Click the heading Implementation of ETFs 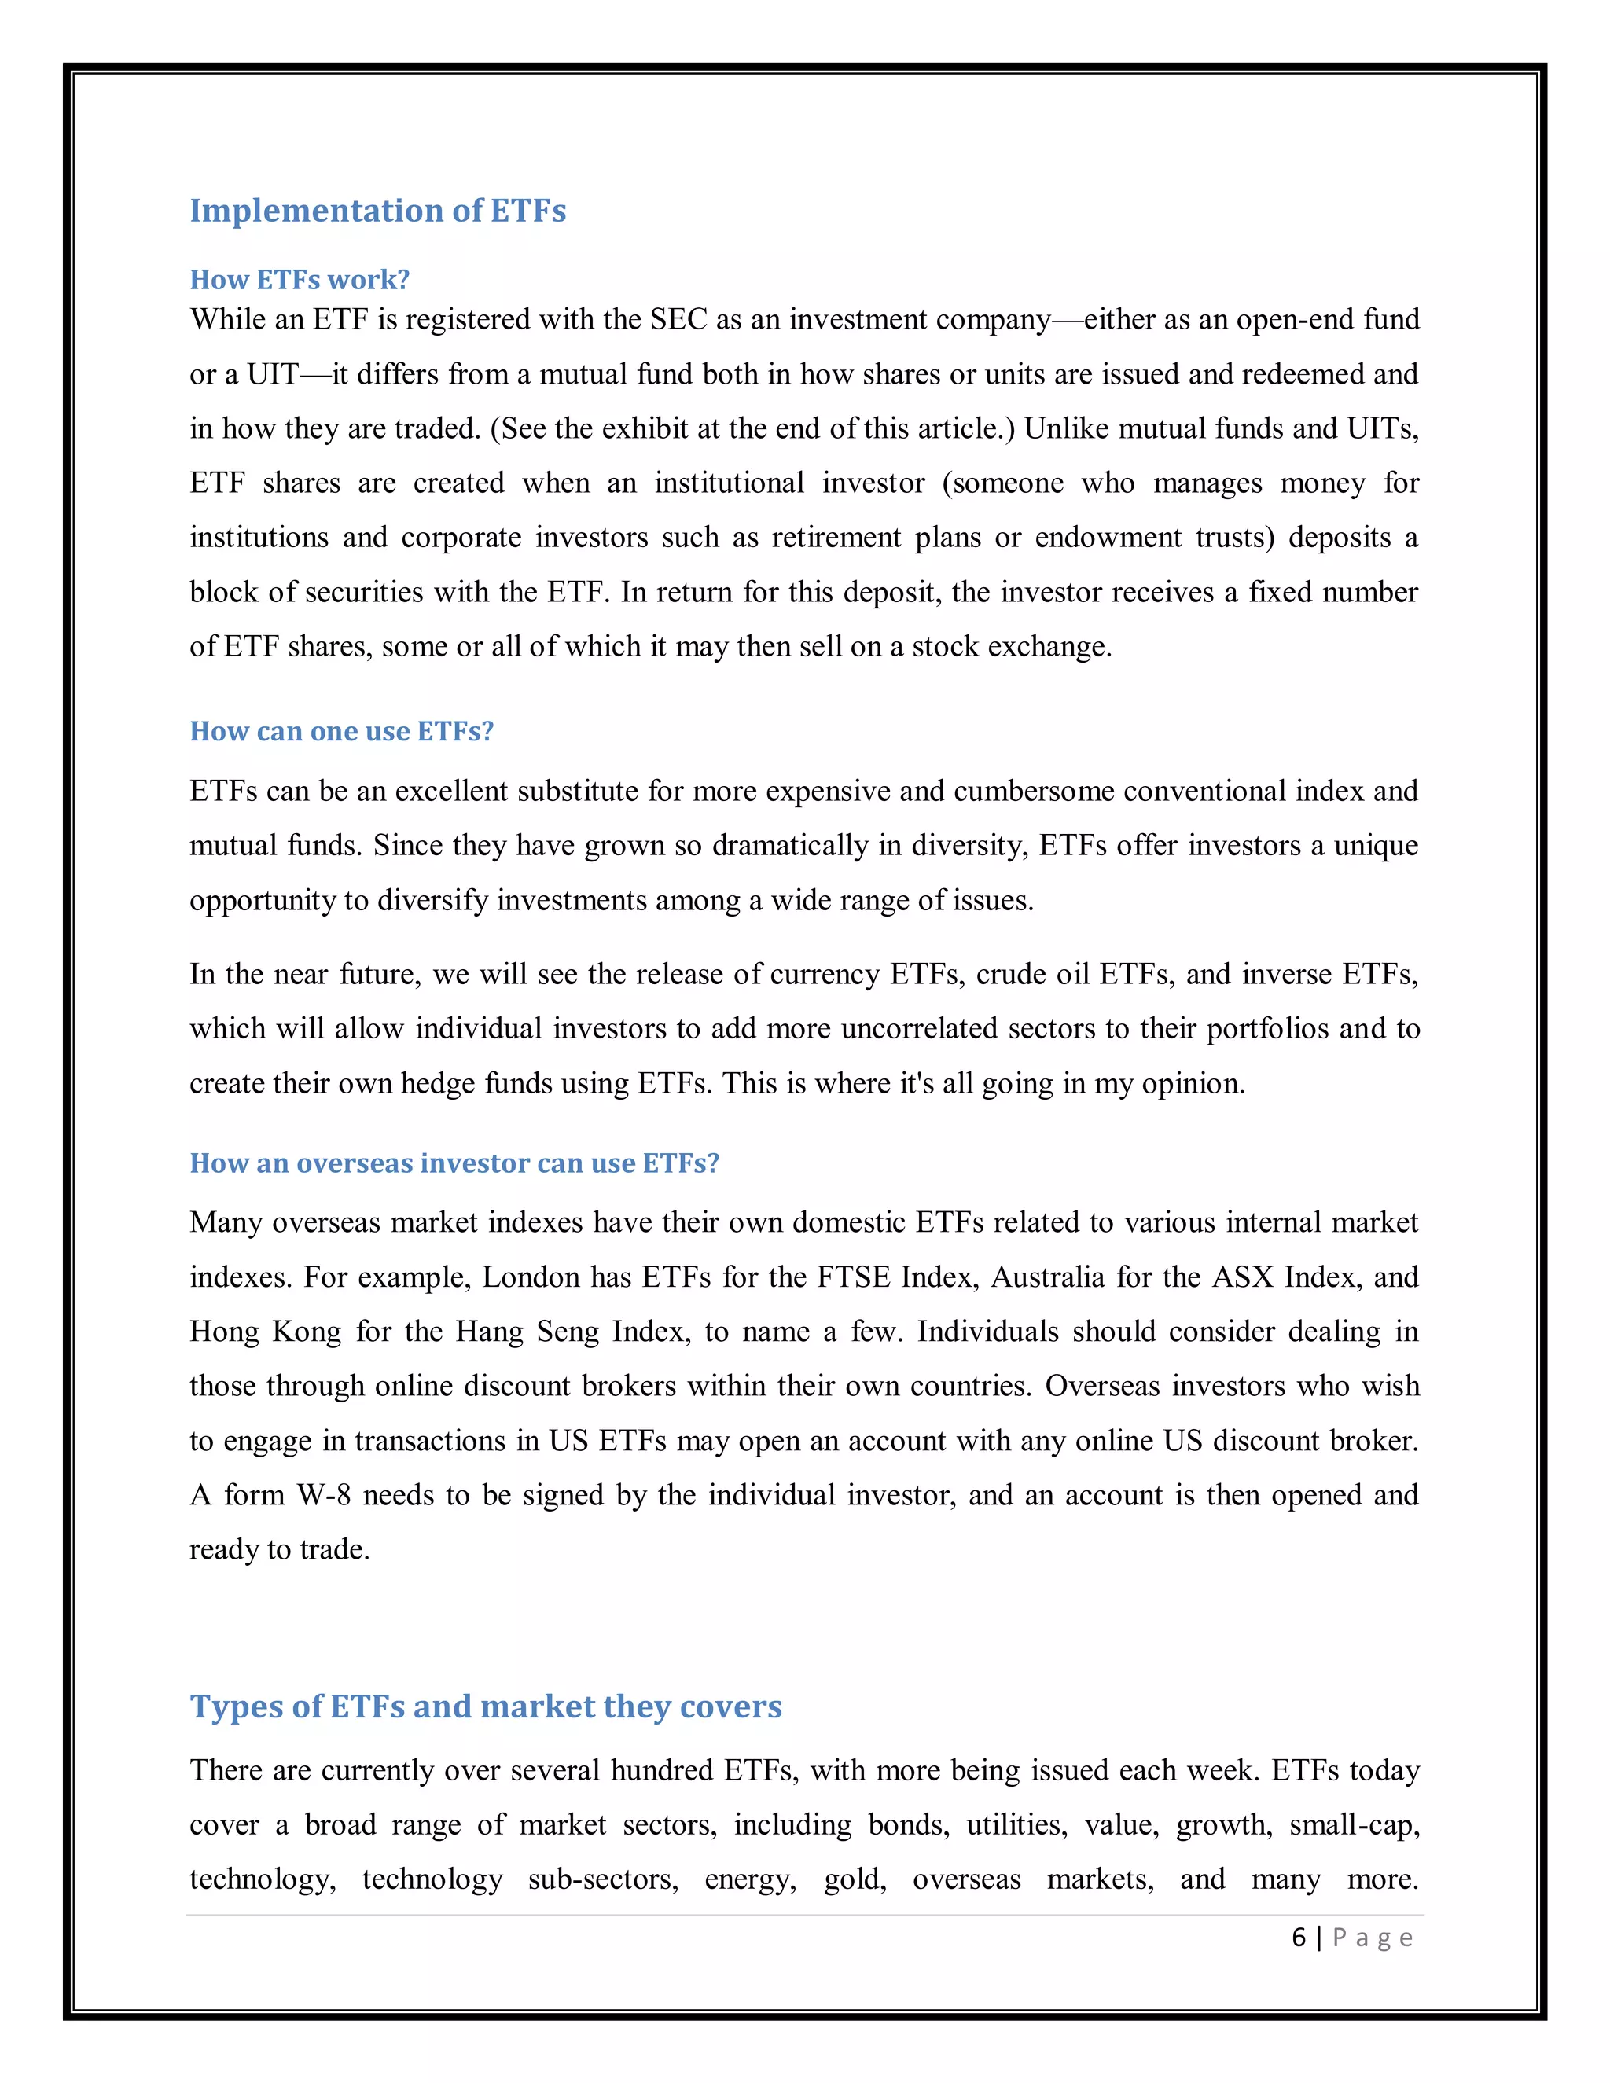(377, 211)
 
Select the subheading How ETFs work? (300, 280)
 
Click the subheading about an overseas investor (454, 1163)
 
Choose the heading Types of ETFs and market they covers (486, 1706)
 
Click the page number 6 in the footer (1298, 1937)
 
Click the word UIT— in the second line (288, 374)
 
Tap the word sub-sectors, (604, 1879)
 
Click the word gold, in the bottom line (855, 1879)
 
